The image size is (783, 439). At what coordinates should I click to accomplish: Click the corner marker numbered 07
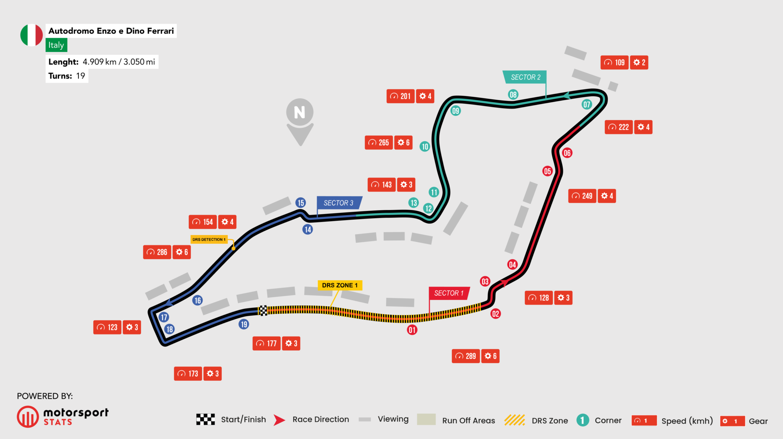click(x=587, y=104)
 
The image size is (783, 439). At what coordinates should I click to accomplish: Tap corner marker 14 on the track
click(x=308, y=229)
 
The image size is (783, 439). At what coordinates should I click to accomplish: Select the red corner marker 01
click(x=412, y=330)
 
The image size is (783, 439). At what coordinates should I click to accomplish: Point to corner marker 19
click(x=244, y=324)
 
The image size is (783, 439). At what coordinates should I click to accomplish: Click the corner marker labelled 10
click(x=425, y=146)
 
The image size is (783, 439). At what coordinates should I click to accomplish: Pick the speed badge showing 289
click(x=466, y=356)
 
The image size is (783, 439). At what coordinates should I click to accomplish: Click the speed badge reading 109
click(x=614, y=62)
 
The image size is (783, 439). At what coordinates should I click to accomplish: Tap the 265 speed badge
click(x=379, y=142)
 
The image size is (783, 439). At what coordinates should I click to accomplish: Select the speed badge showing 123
click(x=107, y=327)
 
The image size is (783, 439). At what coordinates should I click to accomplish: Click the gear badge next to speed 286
click(x=182, y=252)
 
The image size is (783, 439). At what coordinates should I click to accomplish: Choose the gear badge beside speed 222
click(x=643, y=127)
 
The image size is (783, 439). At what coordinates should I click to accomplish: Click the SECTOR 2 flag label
click(x=525, y=77)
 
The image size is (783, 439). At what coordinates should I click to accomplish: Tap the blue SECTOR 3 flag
click(x=338, y=203)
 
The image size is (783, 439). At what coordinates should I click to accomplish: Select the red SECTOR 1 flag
click(x=449, y=293)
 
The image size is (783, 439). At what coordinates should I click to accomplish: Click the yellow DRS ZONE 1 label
click(x=340, y=285)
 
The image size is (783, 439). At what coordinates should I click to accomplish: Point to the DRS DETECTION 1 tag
click(x=209, y=239)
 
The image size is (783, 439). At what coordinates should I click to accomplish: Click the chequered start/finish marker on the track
click(x=263, y=310)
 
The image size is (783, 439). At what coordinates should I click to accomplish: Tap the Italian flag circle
click(x=32, y=35)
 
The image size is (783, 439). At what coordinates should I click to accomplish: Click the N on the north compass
click(x=300, y=112)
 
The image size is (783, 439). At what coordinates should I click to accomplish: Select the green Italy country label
click(x=56, y=45)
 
